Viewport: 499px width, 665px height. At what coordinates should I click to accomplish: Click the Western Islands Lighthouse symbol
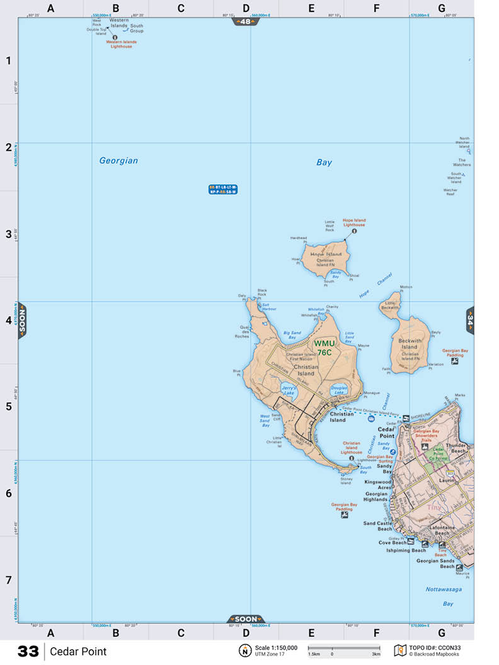(x=115, y=37)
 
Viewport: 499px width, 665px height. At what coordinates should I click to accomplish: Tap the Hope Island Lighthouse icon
(x=353, y=231)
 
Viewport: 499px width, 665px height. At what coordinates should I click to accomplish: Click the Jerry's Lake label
(x=288, y=391)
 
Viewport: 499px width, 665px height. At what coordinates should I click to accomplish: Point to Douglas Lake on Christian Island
(x=339, y=390)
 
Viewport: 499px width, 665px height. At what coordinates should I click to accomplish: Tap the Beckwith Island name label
(x=410, y=344)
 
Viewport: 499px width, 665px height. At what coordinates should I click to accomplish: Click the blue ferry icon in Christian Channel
(x=371, y=419)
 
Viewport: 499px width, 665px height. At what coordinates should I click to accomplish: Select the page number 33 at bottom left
(x=28, y=652)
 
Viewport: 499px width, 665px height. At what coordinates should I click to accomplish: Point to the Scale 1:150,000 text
(x=276, y=647)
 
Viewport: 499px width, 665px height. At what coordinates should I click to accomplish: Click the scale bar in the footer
(x=343, y=648)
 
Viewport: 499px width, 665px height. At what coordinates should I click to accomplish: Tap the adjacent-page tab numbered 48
(x=246, y=21)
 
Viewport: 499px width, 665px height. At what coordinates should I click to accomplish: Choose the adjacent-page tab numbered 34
(x=469, y=320)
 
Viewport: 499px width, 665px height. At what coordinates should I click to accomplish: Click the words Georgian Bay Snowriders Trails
(x=440, y=436)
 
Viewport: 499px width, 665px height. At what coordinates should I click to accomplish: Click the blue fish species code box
(x=223, y=190)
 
